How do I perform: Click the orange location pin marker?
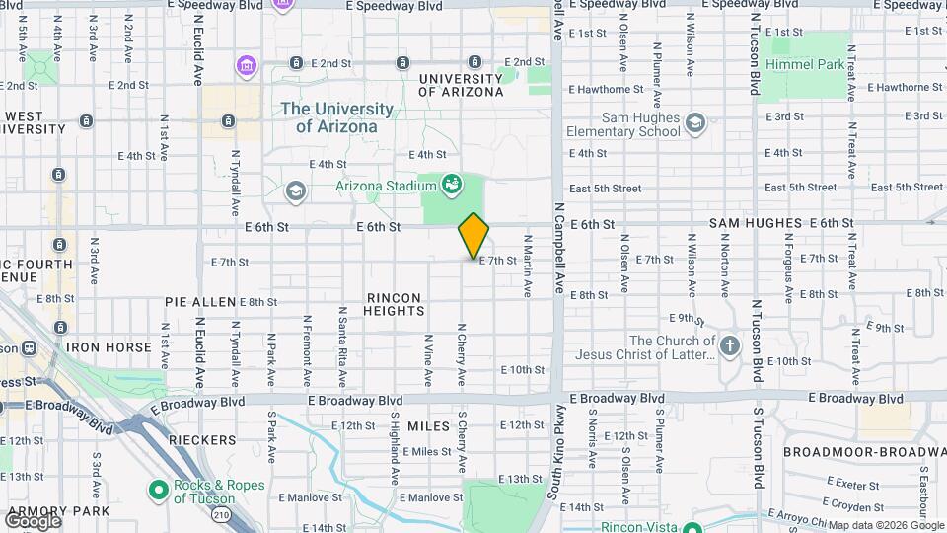[x=473, y=236]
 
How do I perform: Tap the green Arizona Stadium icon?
[x=452, y=184]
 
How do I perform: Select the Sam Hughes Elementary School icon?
[x=695, y=122]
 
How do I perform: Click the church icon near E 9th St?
[x=729, y=345]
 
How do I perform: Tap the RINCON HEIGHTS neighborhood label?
[x=395, y=304]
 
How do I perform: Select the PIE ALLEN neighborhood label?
[x=200, y=301]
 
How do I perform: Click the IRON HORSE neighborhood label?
[x=109, y=347]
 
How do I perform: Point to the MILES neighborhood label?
[x=428, y=425]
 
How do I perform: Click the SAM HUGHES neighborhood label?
[x=755, y=224]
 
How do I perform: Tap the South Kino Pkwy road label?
[x=558, y=449]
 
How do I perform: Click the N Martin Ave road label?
[x=528, y=266]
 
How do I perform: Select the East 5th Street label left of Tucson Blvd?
[x=605, y=188]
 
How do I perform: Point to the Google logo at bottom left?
[x=33, y=520]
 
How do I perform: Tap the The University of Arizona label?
[x=336, y=117]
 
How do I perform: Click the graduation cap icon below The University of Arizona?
[x=294, y=190]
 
